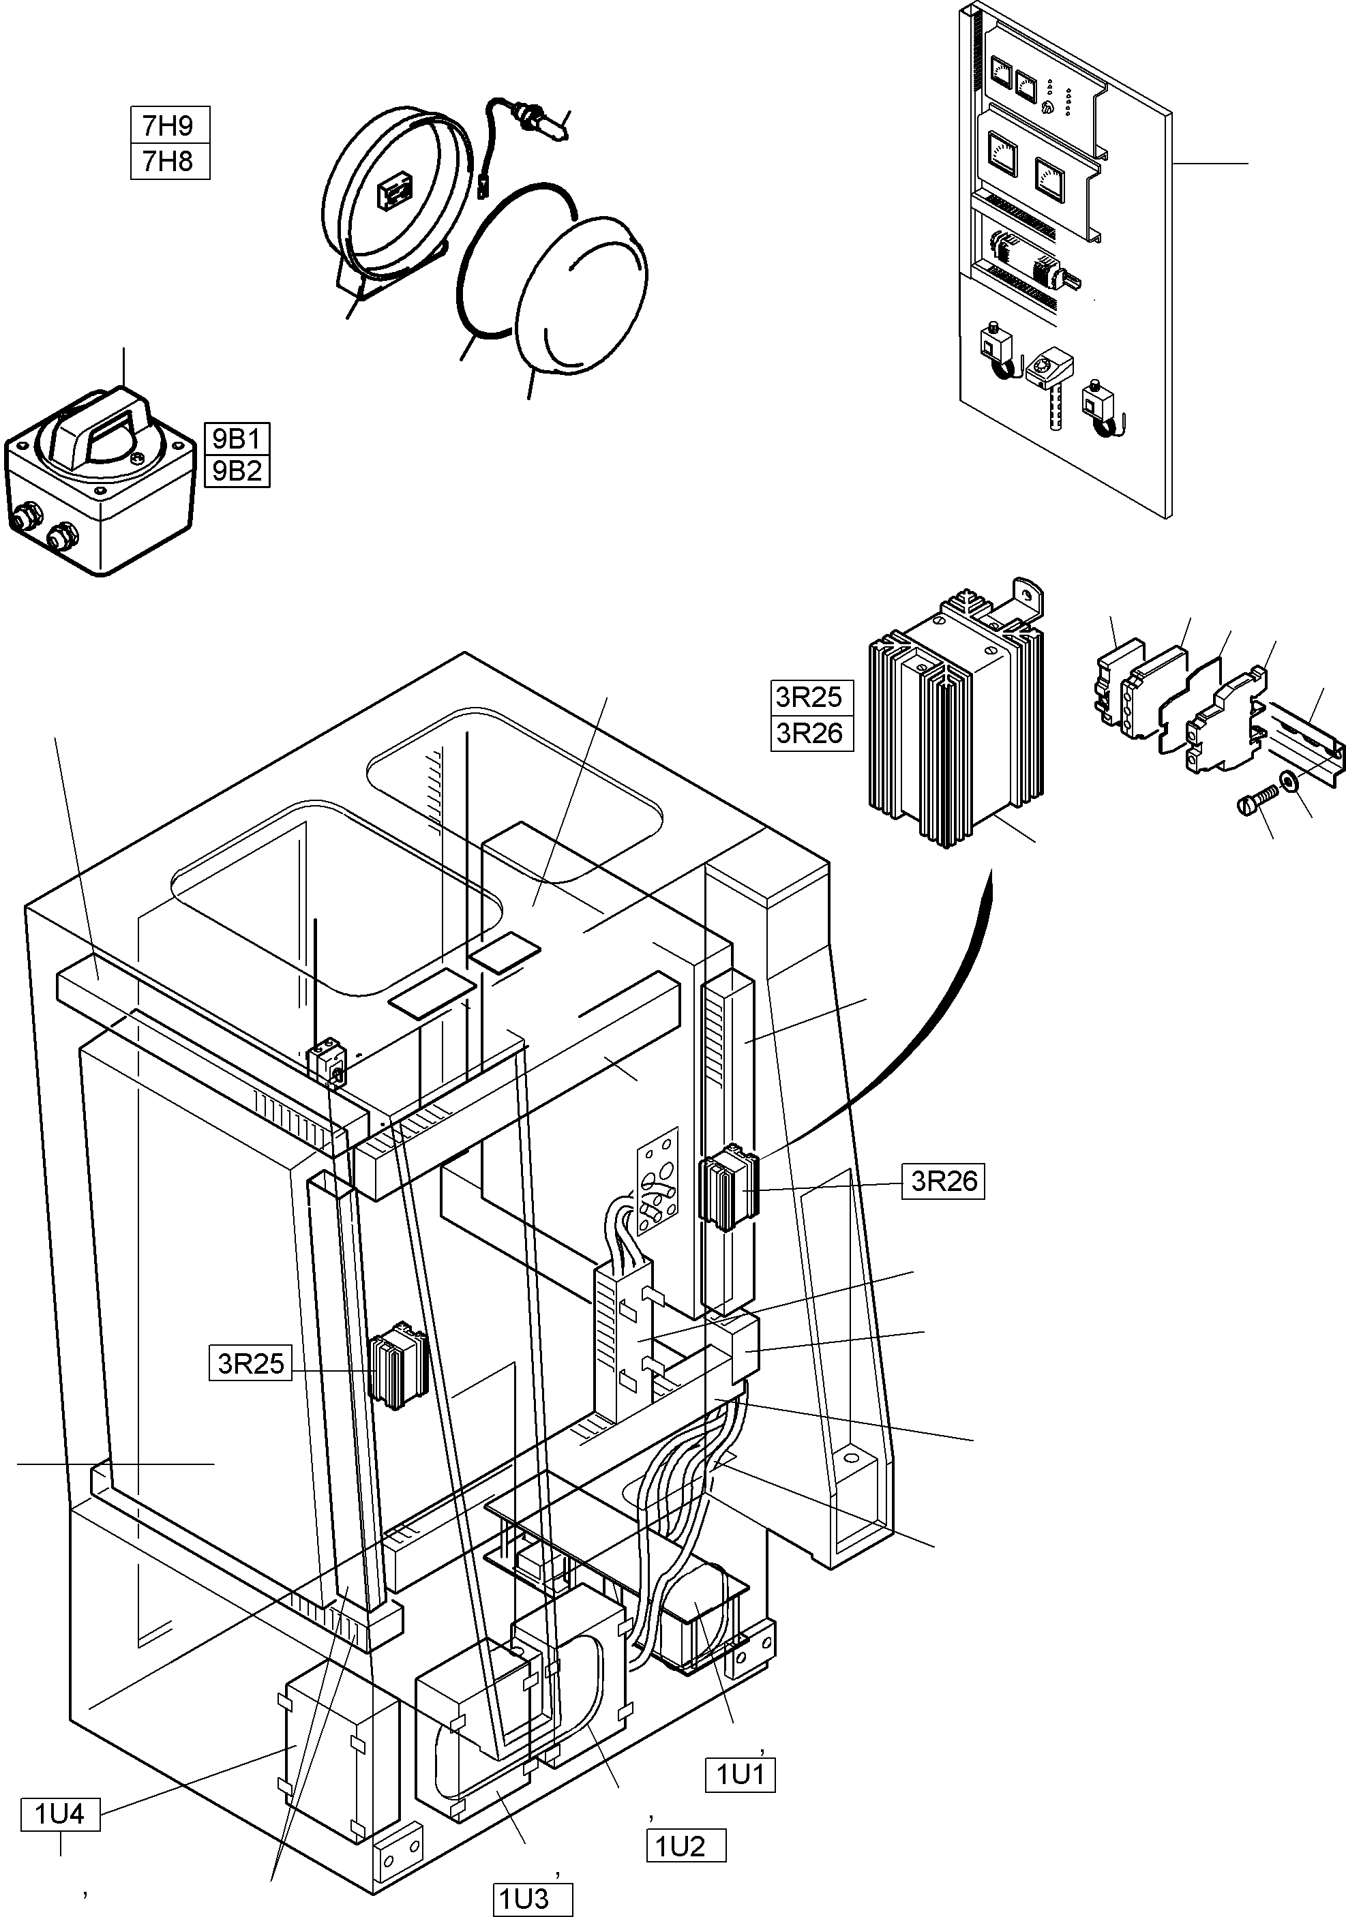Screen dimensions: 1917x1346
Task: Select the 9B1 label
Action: (x=237, y=438)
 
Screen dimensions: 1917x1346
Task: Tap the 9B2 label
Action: (x=237, y=472)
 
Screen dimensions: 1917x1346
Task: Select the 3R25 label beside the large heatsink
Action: (x=811, y=696)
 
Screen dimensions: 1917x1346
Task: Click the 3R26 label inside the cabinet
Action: (x=943, y=1181)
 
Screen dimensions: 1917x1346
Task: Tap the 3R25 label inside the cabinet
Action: (x=250, y=1363)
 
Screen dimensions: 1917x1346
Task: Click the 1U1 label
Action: (x=741, y=1775)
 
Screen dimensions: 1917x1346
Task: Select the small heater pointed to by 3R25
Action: (x=399, y=1366)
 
